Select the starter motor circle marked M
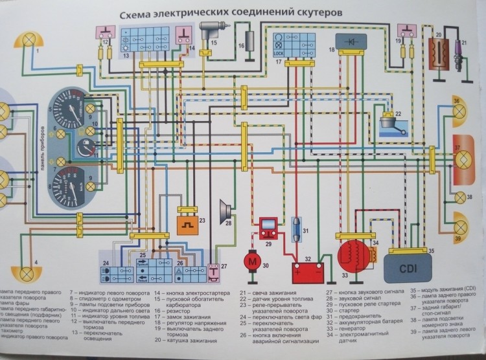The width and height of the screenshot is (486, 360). [250, 260]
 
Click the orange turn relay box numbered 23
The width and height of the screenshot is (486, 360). [190, 225]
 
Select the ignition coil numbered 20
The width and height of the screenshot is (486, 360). [439, 51]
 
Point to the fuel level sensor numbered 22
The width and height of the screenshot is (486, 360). [390, 124]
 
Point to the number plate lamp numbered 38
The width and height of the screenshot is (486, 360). [461, 196]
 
